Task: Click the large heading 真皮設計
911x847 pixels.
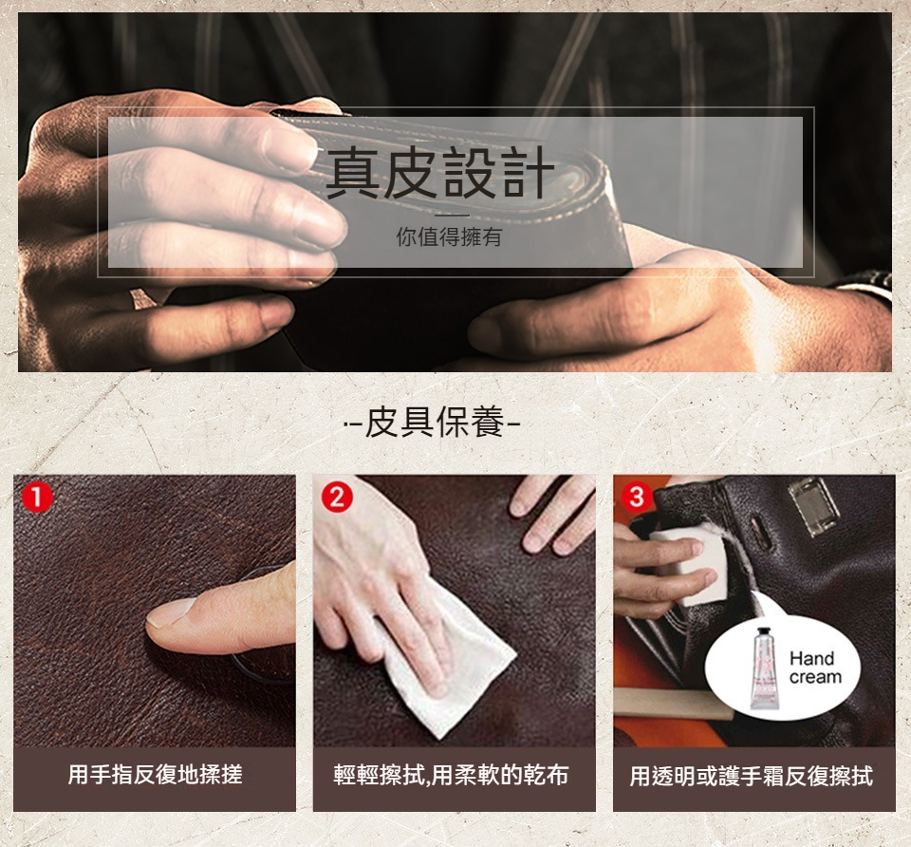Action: [x=439, y=172]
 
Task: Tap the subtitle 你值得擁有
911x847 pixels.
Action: [x=449, y=237]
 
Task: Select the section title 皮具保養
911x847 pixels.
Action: [x=435, y=422]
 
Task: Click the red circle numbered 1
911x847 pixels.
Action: [x=38, y=499]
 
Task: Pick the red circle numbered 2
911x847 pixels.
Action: [x=337, y=498]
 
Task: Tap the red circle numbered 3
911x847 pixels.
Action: [x=637, y=497]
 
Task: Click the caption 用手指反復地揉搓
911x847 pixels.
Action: [x=155, y=774]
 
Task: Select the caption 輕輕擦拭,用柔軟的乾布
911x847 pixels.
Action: [x=451, y=775]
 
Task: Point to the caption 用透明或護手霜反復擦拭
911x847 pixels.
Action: [x=752, y=776]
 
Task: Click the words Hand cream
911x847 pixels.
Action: [x=815, y=668]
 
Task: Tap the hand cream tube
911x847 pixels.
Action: [x=764, y=669]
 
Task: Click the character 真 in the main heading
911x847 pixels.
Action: [x=353, y=172]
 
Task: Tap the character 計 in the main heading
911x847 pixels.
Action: [x=529, y=172]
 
